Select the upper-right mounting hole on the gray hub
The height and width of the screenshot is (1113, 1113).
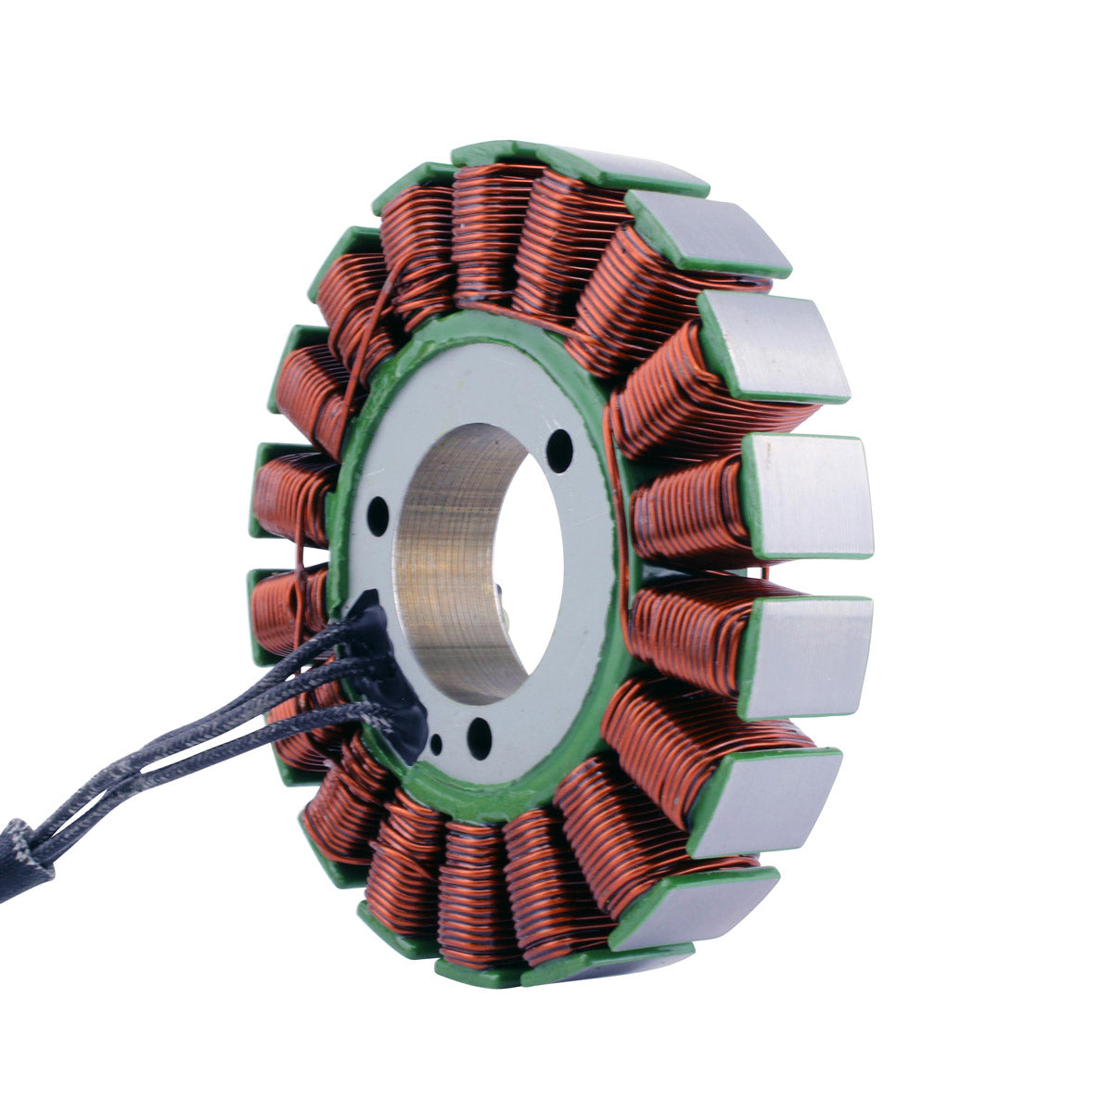coord(559,453)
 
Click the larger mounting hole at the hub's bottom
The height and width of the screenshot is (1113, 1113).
coord(479,738)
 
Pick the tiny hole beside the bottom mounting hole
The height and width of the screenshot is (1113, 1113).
coord(437,743)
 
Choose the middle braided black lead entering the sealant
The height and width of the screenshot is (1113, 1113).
coord(306,677)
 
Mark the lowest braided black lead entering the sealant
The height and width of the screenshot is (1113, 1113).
coord(306,719)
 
